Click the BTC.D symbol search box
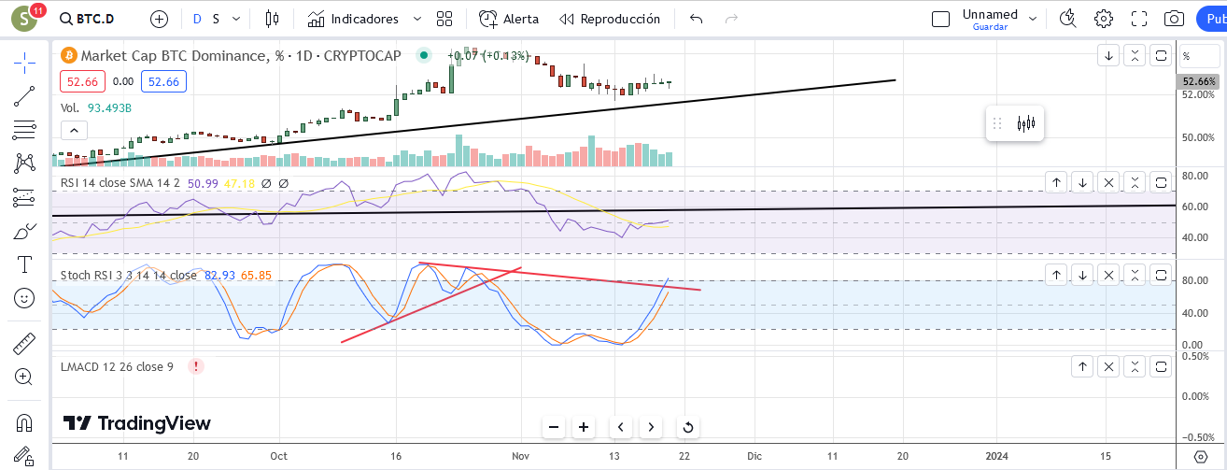[88, 20]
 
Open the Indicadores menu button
[353, 20]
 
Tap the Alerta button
[508, 20]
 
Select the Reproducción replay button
[610, 20]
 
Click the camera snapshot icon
[1174, 20]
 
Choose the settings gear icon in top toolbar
[1103, 20]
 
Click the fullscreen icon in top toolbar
[1139, 20]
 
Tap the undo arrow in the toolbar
[696, 20]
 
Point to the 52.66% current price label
[1198, 81]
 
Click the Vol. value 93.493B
[109, 108]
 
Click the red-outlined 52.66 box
[82, 81]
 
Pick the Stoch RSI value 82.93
[219, 276]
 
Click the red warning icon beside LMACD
[195, 366]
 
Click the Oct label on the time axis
[278, 456]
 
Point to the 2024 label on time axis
[996, 456]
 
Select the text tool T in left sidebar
[24, 264]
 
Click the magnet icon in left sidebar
[24, 423]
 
